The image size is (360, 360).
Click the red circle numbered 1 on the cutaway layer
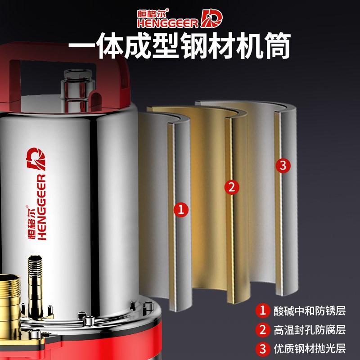coord(181,209)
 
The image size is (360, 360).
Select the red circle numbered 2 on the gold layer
coord(231,186)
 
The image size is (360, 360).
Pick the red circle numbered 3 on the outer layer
coord(283,165)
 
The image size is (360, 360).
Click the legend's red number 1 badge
coord(262,310)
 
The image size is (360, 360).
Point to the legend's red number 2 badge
coord(262,330)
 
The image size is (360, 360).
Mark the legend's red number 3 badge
coord(262,349)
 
